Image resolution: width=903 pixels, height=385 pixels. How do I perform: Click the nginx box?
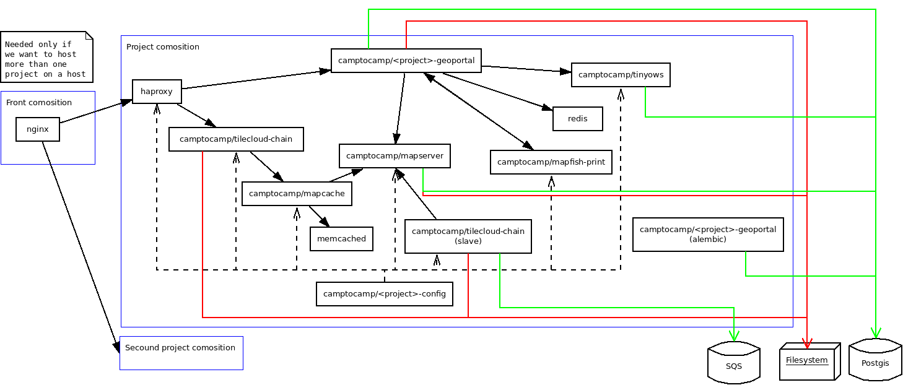38,129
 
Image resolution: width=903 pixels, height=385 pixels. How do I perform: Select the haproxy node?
157,92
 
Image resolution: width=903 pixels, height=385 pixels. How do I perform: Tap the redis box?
577,118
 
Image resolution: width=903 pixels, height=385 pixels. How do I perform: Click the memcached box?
341,238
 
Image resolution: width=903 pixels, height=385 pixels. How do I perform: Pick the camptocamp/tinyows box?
621,75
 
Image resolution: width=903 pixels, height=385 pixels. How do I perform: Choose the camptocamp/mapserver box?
395,156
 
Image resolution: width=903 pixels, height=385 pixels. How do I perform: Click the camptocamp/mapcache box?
297,194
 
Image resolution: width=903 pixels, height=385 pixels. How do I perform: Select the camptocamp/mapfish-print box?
551,162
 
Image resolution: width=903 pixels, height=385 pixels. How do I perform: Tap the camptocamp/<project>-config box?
384,294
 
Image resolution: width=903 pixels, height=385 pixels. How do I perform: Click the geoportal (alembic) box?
708,234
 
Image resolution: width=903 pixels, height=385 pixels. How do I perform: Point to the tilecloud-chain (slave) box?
468,236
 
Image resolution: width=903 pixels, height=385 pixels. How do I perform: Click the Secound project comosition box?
181,353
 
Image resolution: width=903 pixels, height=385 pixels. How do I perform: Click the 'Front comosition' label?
39,103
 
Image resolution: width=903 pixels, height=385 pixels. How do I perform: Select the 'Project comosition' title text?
163,47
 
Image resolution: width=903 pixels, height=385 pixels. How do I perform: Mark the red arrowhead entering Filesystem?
807,342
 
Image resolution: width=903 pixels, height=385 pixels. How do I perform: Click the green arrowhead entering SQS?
734,336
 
